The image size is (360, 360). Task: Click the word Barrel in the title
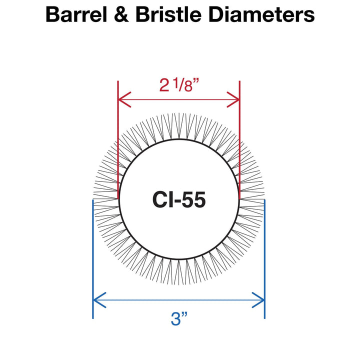[77, 15]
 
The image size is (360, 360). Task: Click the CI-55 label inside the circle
[178, 200]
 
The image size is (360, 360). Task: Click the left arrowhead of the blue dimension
[97, 300]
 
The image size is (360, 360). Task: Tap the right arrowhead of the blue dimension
[260, 300]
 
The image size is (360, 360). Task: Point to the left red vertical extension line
[117, 140]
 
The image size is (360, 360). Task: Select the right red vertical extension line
[240, 140]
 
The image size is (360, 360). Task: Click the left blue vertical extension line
[93, 250]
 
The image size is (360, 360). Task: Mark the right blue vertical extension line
[264, 250]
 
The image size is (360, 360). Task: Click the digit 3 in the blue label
[173, 319]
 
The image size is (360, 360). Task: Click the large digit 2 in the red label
[164, 86]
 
